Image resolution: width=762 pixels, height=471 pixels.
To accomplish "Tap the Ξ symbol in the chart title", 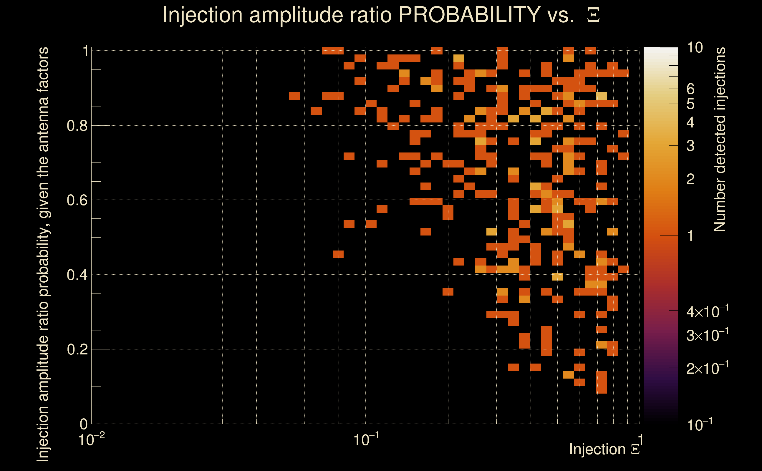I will [593, 15].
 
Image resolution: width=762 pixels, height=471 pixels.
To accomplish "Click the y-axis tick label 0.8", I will [77, 126].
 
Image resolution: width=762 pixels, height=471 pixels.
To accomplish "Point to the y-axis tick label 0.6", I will [77, 200].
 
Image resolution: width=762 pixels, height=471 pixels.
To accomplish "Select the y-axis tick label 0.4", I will [77, 275].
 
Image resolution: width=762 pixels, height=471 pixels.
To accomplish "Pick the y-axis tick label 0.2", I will [77, 349].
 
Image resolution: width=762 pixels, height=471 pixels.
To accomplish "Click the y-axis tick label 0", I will [84, 424].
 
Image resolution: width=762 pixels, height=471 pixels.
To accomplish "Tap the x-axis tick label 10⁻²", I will [91, 440].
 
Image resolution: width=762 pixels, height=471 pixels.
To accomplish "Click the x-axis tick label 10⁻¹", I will [366, 440].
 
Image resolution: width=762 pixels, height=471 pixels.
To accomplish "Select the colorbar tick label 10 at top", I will [695, 48].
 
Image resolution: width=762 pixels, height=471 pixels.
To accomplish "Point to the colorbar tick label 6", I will [690, 89].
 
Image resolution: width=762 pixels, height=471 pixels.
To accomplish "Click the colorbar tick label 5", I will [690, 104].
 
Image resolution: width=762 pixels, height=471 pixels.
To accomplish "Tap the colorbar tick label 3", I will [690, 146].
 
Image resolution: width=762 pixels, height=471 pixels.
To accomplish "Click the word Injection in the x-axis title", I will [597, 449].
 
